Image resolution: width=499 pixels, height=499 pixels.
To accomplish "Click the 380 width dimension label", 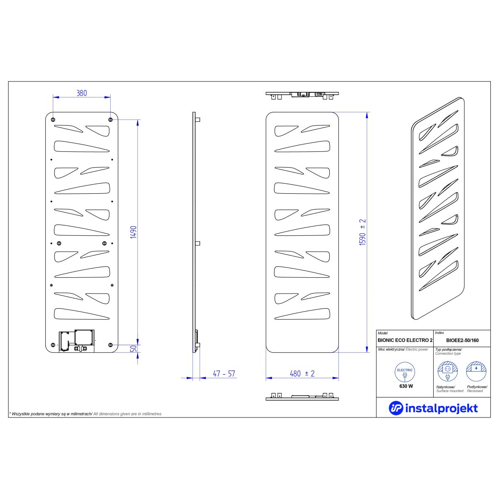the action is click(x=82, y=93).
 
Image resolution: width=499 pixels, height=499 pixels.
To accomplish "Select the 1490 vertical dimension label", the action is click(x=133, y=232).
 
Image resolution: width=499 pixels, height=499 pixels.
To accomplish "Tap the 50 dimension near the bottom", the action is click(x=133, y=348).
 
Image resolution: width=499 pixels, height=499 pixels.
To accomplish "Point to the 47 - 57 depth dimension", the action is click(x=224, y=374).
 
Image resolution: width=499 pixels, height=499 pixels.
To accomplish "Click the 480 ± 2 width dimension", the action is click(x=302, y=374).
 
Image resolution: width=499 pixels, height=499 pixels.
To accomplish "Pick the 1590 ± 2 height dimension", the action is click(x=363, y=232).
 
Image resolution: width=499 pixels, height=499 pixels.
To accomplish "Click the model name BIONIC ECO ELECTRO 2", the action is click(x=405, y=340).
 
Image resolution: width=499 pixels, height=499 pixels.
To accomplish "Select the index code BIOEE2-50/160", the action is click(x=462, y=340).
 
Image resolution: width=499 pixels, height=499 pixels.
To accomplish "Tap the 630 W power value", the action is click(x=406, y=386).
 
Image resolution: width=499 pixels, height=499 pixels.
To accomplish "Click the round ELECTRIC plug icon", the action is click(x=405, y=372).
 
